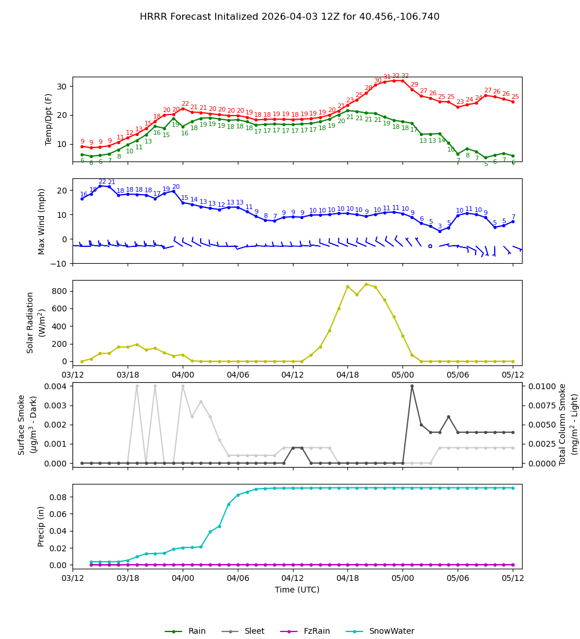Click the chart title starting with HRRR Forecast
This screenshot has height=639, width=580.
coord(289,17)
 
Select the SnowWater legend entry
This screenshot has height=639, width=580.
coord(391,631)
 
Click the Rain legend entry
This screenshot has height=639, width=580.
coord(197,631)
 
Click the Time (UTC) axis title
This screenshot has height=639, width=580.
coord(297,590)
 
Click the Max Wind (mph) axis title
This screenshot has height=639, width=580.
coord(42,221)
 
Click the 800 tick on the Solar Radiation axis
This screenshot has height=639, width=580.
coord(60,291)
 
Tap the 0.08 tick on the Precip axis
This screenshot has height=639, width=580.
coord(58,497)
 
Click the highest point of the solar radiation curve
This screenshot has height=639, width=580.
coord(366,284)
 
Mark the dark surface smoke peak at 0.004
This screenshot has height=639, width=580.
coord(412,386)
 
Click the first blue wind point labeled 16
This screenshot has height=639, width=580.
coord(82,199)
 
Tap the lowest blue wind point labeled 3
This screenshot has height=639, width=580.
coord(440,231)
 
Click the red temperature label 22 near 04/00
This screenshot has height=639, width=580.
coord(185,104)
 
